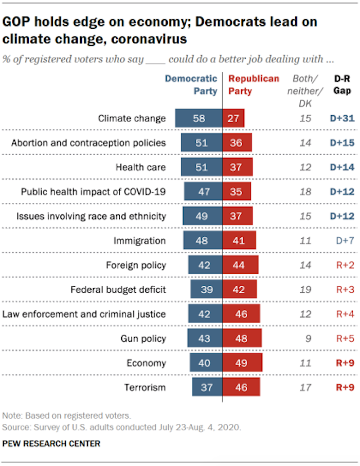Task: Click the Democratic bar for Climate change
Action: [199, 119]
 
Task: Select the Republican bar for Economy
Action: [242, 363]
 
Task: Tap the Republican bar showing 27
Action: [233, 119]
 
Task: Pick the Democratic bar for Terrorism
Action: [207, 387]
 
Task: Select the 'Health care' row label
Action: [140, 167]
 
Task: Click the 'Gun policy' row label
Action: [143, 339]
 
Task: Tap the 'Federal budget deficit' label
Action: [118, 289]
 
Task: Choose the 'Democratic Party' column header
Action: [191, 85]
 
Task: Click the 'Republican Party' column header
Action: [254, 85]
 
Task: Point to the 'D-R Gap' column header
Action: [343, 85]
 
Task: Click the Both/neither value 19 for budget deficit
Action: [305, 289]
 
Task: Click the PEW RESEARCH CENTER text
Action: [51, 443]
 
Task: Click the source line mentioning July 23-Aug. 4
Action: [122, 427]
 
